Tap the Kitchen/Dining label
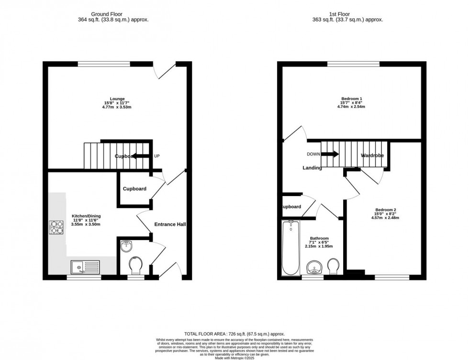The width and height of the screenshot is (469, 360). pyautogui.click(x=86, y=216)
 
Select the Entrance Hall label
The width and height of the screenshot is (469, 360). pyautogui.click(x=170, y=224)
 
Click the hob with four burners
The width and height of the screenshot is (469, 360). pyautogui.click(x=56, y=227)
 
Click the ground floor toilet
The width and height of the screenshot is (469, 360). pyautogui.click(x=136, y=265)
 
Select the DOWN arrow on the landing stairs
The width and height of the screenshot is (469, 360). pyautogui.click(x=329, y=154)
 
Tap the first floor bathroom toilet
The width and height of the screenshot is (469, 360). pyautogui.click(x=334, y=266)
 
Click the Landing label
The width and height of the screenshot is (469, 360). pyautogui.click(x=312, y=168)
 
